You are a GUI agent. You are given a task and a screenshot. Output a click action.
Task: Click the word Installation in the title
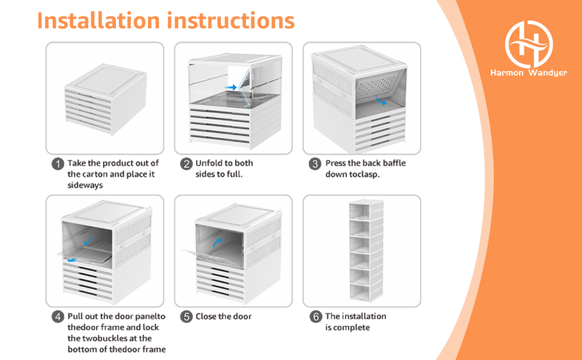point(98,20)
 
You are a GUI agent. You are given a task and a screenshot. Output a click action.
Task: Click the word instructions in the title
point(230,20)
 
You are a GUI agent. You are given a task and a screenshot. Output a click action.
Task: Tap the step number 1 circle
point(58,164)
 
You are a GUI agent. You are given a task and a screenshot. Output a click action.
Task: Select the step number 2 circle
point(186,164)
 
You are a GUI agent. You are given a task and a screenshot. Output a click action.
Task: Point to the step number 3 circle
point(314,164)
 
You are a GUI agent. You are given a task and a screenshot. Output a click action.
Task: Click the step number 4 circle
point(58,317)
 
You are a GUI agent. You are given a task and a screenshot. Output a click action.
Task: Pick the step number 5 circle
point(186,317)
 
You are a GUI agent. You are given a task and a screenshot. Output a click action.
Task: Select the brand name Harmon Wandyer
point(529,73)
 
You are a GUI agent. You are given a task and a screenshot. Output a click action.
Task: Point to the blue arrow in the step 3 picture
point(379,100)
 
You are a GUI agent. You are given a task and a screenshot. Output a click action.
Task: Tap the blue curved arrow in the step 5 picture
point(218,241)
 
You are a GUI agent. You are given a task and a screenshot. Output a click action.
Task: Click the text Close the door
point(223,317)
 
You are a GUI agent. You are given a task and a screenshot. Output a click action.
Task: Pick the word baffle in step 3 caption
point(394,163)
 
